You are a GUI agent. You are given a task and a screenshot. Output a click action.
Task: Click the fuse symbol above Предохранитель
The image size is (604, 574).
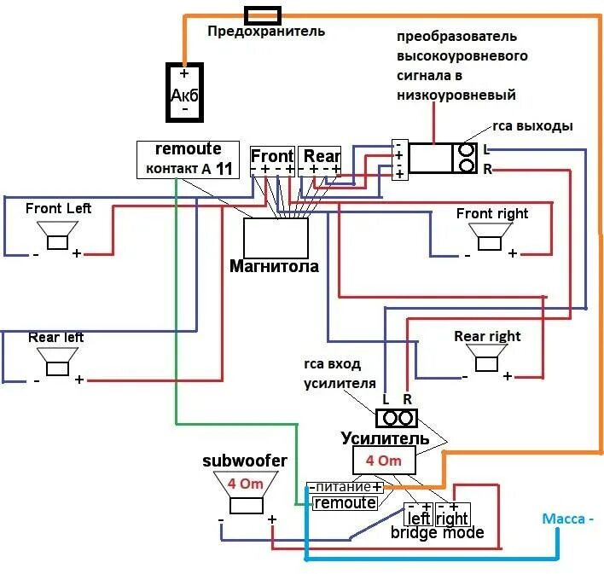(263, 16)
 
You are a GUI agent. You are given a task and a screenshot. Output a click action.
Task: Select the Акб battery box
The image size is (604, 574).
(184, 92)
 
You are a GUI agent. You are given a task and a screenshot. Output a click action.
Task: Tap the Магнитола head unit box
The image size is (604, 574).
(276, 238)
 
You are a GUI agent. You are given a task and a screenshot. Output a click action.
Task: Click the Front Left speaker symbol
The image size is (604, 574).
(57, 235)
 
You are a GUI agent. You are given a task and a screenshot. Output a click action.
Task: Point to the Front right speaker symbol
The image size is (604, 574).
(490, 236)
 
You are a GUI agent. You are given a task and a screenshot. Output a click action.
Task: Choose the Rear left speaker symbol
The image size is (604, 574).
(57, 362)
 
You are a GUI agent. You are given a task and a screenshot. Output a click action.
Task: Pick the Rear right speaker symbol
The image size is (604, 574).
(486, 357)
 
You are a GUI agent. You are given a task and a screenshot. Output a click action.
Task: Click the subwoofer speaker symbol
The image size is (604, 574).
(247, 493)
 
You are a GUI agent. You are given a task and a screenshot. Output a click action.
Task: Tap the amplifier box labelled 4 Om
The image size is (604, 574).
(384, 460)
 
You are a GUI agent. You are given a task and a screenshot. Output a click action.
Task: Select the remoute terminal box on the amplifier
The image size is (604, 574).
(345, 503)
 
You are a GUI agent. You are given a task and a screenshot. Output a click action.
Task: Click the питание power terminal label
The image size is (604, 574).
(346, 487)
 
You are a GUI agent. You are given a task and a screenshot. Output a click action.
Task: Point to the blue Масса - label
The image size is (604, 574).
(567, 519)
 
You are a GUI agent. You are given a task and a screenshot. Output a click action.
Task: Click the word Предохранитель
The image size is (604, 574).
(266, 32)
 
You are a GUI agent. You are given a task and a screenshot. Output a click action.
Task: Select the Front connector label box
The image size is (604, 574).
(272, 161)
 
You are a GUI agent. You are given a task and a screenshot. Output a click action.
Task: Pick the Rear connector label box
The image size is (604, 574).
(319, 161)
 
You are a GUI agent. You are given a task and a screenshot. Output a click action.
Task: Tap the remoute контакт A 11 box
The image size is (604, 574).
(188, 159)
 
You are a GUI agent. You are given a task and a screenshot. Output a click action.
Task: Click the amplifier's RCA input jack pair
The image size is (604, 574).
(397, 418)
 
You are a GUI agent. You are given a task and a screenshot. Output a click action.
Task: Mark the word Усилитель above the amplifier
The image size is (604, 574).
(386, 438)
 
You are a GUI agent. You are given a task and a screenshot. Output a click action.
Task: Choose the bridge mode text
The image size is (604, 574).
(437, 533)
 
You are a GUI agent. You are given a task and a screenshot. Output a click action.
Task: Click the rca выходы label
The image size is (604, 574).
(532, 126)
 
